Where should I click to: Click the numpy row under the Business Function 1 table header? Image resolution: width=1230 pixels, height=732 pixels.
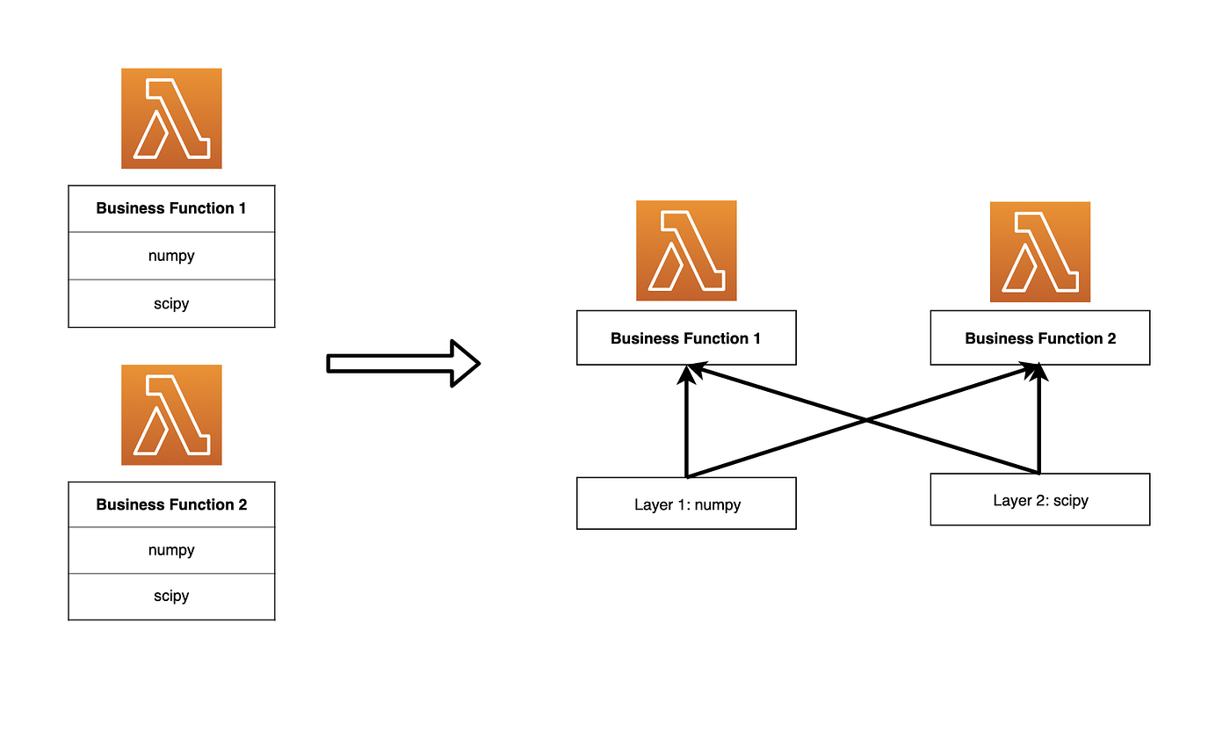click(171, 256)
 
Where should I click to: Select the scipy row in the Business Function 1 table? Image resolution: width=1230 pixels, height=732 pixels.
click(171, 304)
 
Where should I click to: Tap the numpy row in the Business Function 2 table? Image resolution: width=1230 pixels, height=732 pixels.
click(171, 551)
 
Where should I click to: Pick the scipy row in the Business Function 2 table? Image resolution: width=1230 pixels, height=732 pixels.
click(171, 597)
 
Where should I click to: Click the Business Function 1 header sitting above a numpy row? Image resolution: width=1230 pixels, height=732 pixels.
click(171, 209)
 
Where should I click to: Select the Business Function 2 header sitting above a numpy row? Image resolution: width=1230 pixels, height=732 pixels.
click(171, 504)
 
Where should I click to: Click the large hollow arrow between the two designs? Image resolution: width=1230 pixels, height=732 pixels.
click(403, 363)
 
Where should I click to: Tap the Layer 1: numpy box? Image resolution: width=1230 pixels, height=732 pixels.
click(686, 504)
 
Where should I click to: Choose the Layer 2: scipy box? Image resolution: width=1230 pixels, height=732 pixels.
click(1039, 499)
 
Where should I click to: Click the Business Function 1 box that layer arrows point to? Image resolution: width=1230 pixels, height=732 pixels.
click(686, 337)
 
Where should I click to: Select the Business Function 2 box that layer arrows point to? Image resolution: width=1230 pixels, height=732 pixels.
click(1039, 337)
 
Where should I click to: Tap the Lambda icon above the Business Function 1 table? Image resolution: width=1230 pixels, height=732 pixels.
click(171, 119)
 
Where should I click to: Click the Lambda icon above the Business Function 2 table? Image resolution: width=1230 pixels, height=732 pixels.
click(171, 415)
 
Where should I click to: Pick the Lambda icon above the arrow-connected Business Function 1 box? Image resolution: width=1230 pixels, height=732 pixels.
click(686, 250)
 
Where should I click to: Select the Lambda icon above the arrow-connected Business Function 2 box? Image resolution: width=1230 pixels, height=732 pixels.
click(1039, 252)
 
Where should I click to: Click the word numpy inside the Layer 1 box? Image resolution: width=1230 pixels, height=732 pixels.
click(718, 505)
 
